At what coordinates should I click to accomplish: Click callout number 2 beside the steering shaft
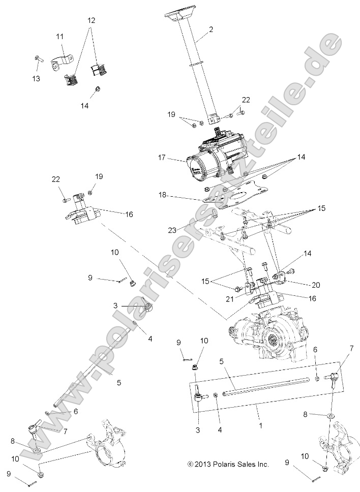(x=211, y=29)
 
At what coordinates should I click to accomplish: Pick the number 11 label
(x=60, y=37)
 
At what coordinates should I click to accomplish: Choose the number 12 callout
(x=91, y=21)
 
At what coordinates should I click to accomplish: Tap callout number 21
(x=230, y=299)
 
